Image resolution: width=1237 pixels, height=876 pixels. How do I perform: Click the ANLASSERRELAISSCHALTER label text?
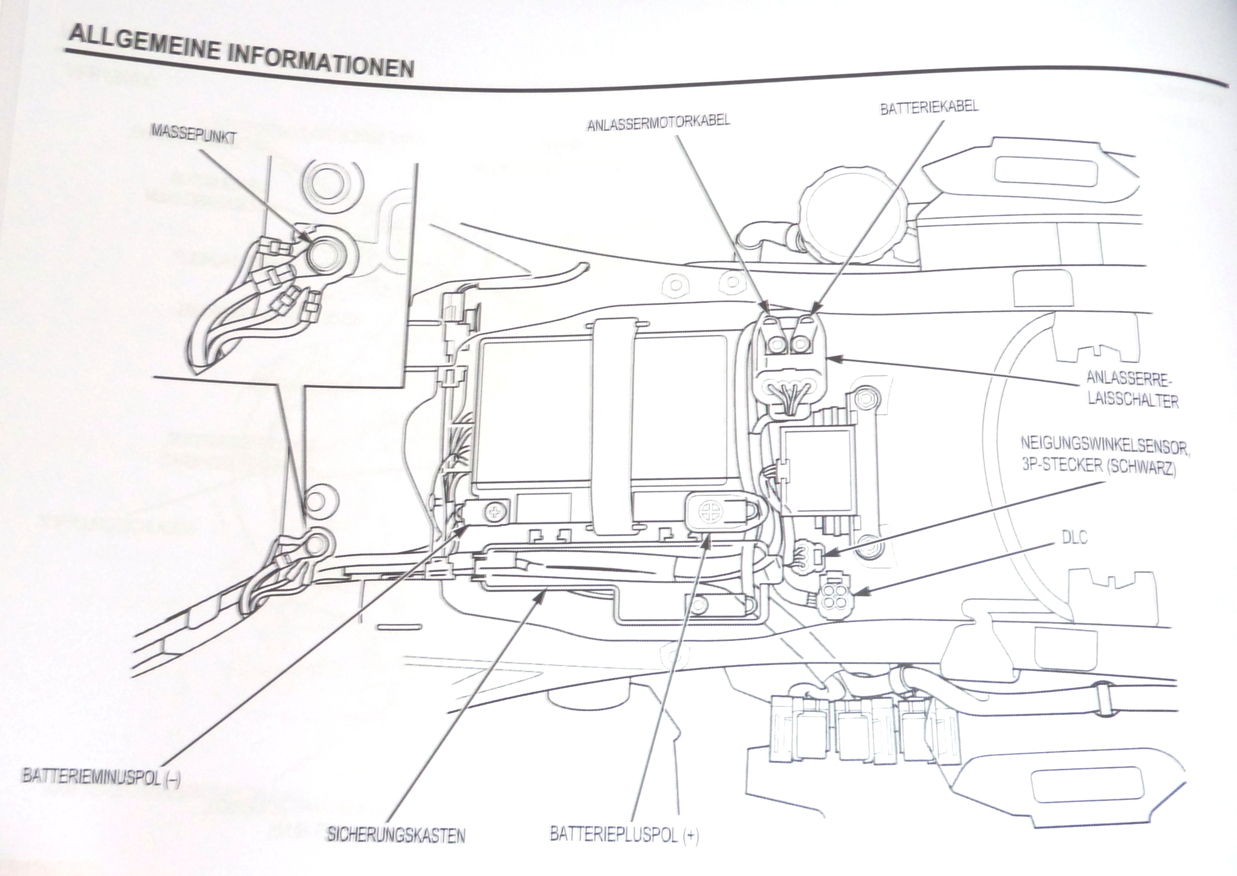1132,389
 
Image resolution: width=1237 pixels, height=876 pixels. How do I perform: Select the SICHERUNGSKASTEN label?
395,851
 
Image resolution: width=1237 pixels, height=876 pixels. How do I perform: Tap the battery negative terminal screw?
495,511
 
